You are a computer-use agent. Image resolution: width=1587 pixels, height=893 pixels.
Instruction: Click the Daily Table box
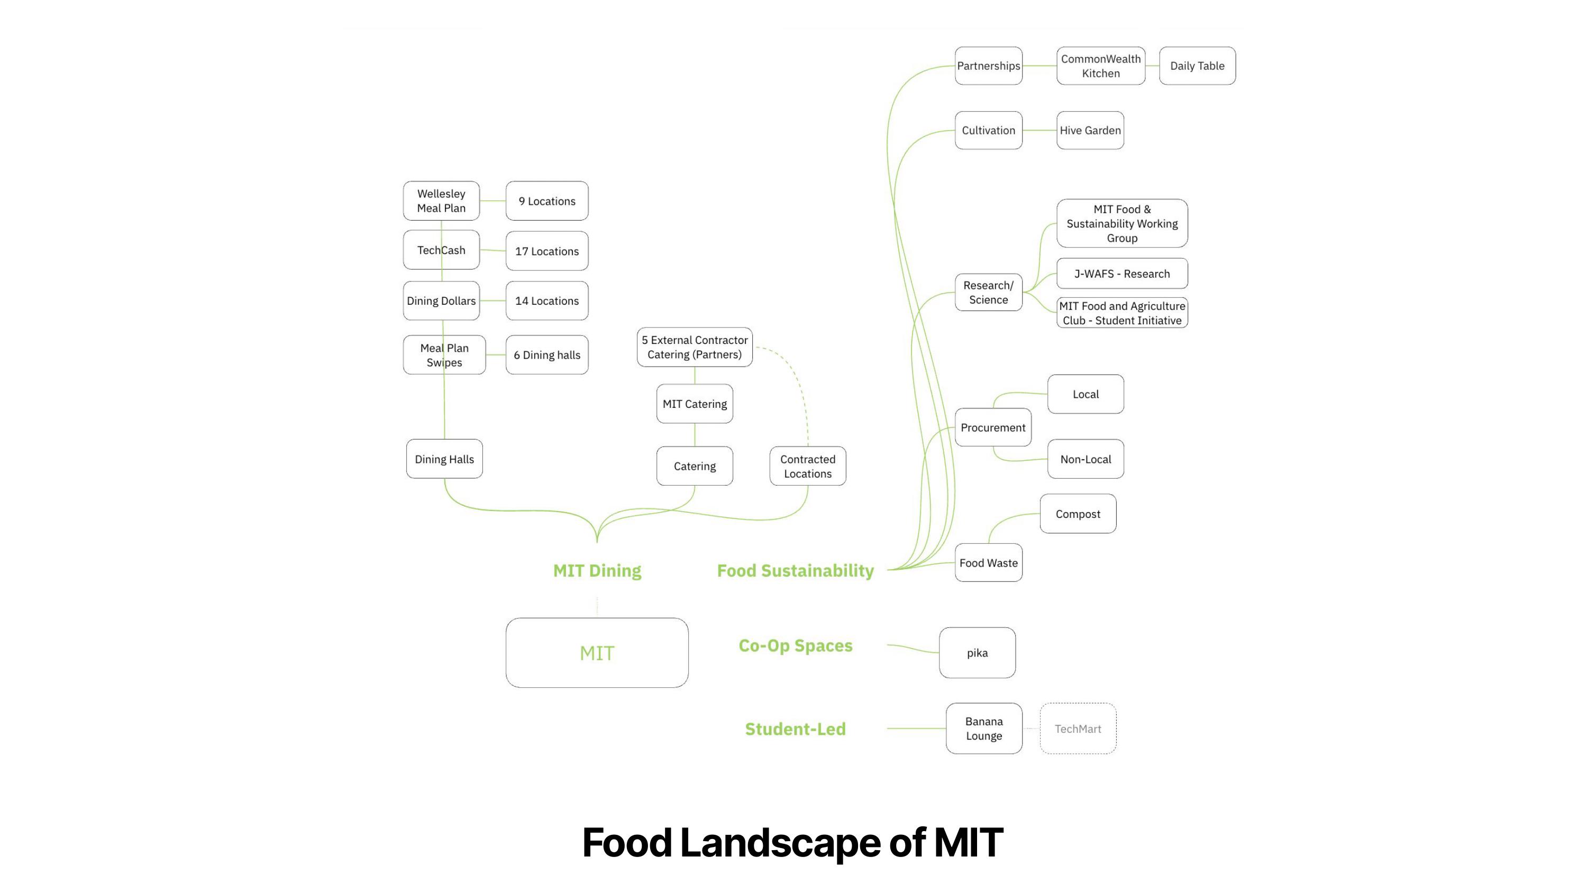[1197, 66]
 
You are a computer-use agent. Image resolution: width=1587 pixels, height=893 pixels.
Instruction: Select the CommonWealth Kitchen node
[1100, 66]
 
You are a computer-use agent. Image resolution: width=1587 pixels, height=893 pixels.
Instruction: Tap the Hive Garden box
[1090, 130]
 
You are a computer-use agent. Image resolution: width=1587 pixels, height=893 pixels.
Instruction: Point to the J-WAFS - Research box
[1121, 274]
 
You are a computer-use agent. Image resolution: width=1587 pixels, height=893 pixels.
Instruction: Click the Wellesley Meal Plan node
[441, 201]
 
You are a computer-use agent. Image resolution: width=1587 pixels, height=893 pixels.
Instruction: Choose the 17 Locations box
[546, 251]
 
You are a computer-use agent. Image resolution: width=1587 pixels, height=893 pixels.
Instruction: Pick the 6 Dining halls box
[546, 355]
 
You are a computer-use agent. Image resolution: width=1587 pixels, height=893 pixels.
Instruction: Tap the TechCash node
[441, 250]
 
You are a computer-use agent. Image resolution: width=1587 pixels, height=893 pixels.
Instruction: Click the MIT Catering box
[694, 404]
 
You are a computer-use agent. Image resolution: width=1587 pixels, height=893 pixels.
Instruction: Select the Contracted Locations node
[807, 466]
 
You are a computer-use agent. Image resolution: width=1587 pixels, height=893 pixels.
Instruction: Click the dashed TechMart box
[1078, 728]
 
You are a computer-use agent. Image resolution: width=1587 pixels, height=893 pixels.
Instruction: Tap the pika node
[977, 653]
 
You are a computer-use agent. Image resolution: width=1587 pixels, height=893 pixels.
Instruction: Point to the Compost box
[1078, 514]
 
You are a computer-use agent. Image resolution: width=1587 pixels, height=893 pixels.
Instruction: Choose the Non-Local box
[1085, 459]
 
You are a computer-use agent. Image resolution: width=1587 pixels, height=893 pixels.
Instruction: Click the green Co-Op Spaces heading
[795, 645]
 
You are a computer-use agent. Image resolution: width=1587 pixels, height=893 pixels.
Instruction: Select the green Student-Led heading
[795, 729]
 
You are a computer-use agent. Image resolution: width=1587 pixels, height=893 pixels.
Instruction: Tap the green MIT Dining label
[597, 571]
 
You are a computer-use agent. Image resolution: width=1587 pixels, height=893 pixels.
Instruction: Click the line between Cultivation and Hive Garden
[1039, 130]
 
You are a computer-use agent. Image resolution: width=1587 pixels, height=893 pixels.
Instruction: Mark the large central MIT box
[597, 653]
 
